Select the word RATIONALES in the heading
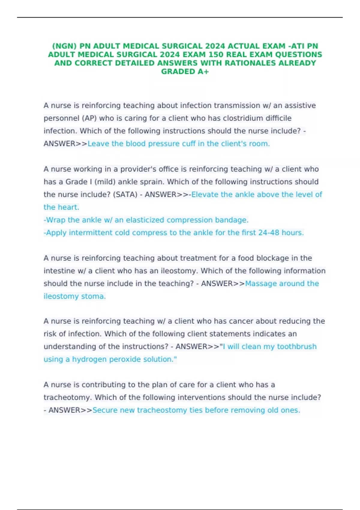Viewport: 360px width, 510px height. tap(258, 63)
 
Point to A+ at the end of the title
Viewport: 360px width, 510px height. tap(203, 71)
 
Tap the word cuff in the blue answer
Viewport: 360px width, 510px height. tap(189, 144)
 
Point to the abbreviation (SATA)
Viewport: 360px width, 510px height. tap(125, 194)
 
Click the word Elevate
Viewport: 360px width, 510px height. tap(205, 194)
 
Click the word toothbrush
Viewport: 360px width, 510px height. tap(297, 346)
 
